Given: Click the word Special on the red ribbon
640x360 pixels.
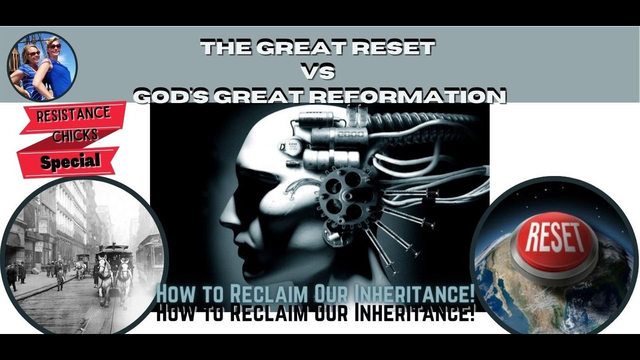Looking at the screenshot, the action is point(70,161).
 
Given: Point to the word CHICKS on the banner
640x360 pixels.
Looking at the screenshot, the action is point(75,135).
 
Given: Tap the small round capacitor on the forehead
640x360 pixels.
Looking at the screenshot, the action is point(291,146).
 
